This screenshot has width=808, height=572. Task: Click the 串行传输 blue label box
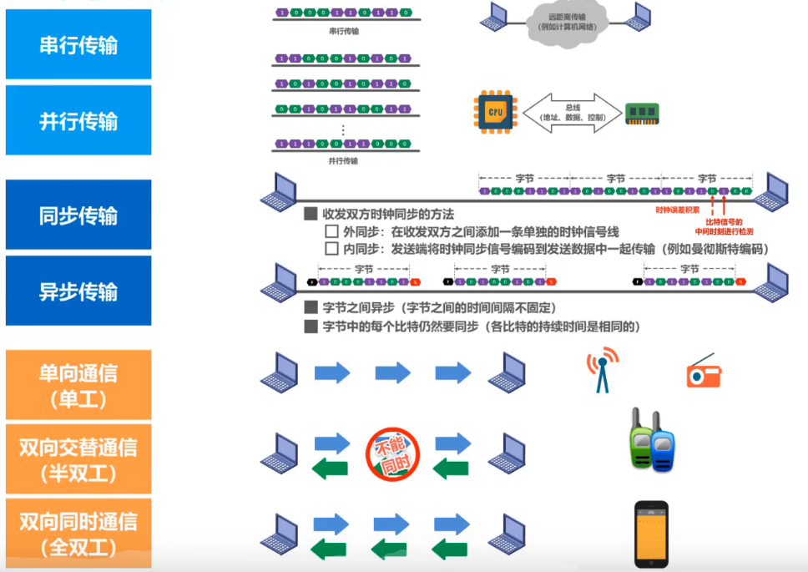78,45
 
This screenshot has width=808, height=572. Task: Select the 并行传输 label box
78,121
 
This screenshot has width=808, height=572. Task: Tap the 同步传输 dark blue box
78,215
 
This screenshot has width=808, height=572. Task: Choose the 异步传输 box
78,291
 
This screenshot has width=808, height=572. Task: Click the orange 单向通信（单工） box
78,385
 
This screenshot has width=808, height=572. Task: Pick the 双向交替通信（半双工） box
78,459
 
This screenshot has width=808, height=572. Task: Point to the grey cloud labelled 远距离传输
568,21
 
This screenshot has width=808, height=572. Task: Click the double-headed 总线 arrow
573,112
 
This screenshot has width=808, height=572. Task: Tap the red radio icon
704,372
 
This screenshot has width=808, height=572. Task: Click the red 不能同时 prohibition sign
392,455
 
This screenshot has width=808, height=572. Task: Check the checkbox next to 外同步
331,231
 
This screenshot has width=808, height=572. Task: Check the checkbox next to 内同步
331,249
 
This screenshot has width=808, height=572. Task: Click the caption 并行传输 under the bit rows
343,160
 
